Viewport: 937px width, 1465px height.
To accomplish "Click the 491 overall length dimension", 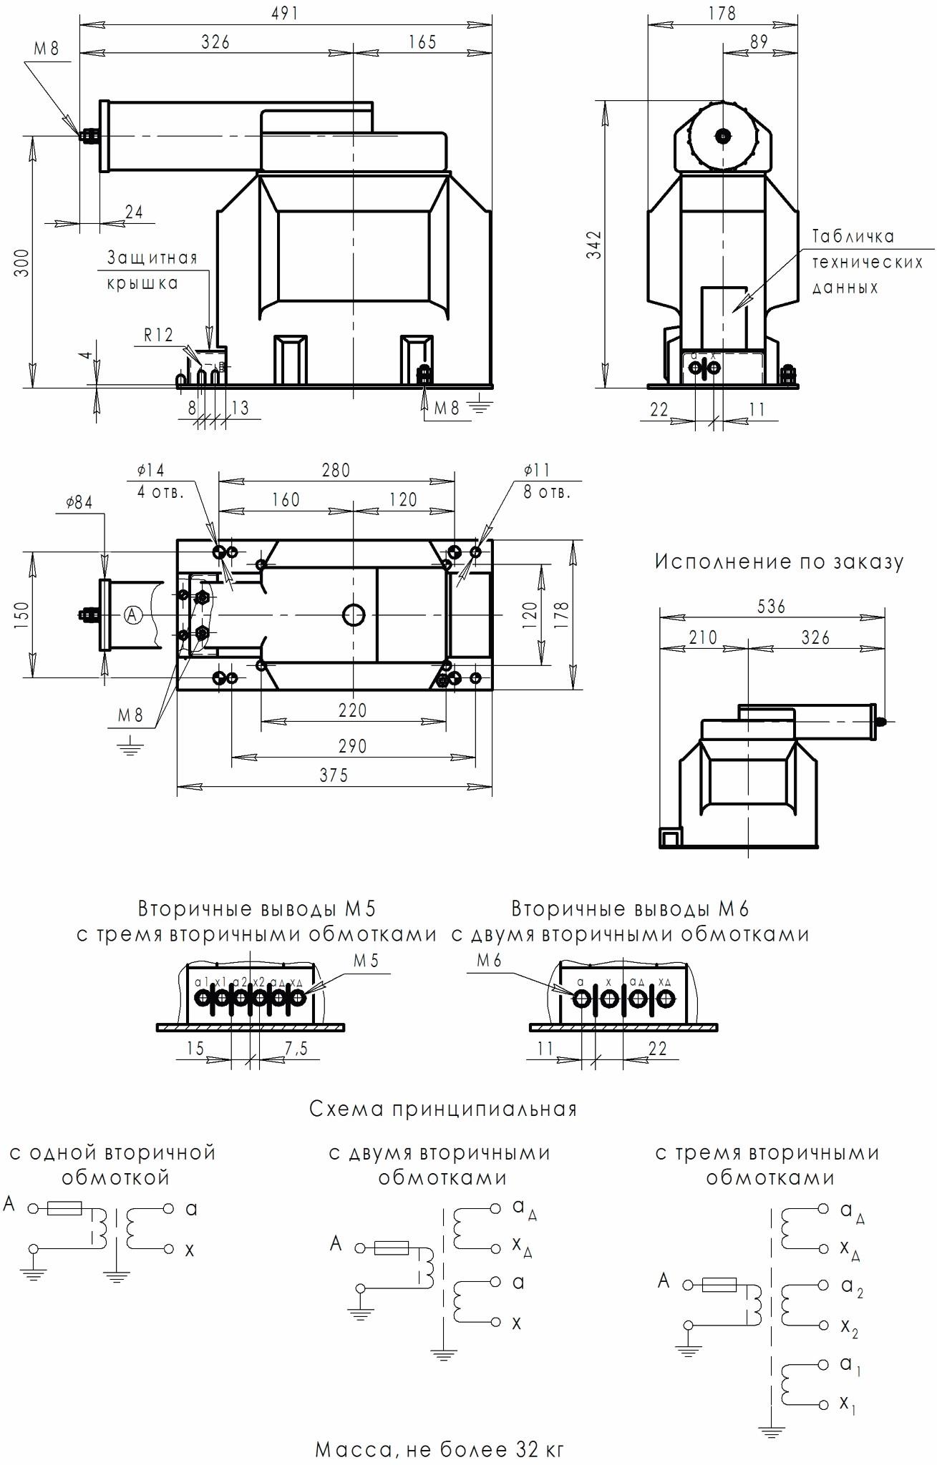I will pos(285,14).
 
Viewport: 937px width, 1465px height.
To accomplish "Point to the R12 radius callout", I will pos(158,335).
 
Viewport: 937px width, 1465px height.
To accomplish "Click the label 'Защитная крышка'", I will pos(152,270).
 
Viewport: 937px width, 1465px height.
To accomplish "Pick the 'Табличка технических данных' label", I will pos(867,262).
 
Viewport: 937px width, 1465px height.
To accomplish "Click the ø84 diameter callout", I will pos(79,503).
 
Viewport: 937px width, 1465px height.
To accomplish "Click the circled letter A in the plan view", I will pos(133,614).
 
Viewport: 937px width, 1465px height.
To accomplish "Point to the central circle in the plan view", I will pos(354,614).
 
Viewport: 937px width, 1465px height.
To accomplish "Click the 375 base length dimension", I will pos(334,775).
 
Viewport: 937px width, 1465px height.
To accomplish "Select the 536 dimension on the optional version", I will pos(771,607).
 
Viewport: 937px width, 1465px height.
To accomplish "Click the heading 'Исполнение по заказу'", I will pos(779,562).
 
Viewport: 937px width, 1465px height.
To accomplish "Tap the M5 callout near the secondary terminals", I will pos(365,961).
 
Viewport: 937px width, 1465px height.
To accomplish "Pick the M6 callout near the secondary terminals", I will pos(489,961).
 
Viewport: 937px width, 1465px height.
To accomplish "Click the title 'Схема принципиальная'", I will pos(443,1109).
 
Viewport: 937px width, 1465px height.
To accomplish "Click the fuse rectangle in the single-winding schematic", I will pos(64,1209).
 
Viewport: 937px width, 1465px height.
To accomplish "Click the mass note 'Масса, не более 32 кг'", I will pos(440,1450).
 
